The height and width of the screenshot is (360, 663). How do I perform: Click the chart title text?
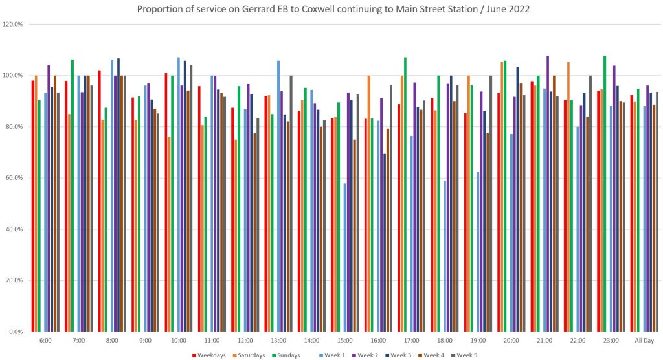(x=331, y=9)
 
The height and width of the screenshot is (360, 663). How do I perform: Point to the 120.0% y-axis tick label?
(x=13, y=24)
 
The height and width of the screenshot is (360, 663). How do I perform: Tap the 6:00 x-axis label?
(x=45, y=340)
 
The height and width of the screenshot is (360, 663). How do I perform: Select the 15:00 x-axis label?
(x=345, y=340)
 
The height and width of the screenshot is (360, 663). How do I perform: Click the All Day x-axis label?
(x=644, y=340)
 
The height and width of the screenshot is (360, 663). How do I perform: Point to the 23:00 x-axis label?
(x=611, y=340)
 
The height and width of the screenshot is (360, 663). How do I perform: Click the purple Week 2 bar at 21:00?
(x=548, y=194)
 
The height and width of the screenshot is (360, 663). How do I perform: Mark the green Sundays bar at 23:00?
(x=605, y=194)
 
